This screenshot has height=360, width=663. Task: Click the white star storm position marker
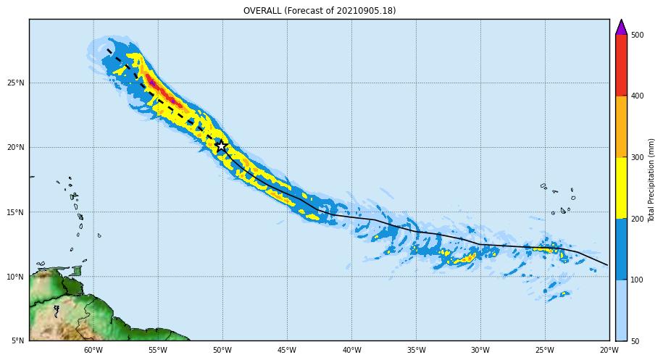[221, 146]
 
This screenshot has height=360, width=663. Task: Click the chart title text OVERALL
[262, 11]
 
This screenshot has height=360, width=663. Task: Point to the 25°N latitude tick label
[16, 83]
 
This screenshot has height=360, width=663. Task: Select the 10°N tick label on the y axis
[16, 277]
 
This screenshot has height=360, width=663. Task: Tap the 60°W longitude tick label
[93, 350]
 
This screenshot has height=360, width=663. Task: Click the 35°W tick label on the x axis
[416, 350]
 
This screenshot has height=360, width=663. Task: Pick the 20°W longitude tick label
[609, 350]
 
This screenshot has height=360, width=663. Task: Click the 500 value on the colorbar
[637, 35]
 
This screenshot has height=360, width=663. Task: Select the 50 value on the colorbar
[635, 341]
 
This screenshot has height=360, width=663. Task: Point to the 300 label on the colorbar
[637, 158]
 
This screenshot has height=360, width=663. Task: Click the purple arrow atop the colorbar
[621, 27]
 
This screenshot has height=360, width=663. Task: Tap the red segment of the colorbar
[621, 65]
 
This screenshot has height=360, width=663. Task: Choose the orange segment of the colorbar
[621, 127]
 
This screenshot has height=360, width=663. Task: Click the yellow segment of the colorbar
[621, 188]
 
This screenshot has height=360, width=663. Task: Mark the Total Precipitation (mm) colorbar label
[652, 180]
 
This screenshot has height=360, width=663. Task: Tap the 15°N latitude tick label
[16, 212]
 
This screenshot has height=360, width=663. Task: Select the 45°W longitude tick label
[287, 350]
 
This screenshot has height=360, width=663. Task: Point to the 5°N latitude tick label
[18, 340]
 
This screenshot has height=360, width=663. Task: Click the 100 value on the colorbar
[637, 280]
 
